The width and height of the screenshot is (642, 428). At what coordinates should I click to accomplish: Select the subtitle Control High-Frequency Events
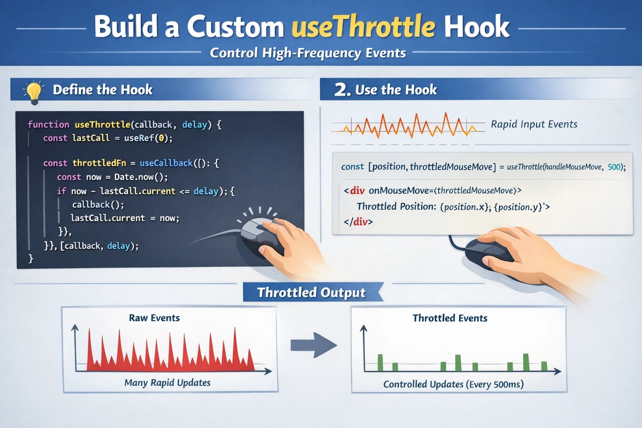click(x=308, y=53)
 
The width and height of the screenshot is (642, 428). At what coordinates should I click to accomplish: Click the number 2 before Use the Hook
click(x=341, y=90)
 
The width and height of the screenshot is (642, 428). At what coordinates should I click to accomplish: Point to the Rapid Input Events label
click(x=534, y=124)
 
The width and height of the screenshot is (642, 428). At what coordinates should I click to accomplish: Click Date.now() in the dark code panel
click(x=132, y=177)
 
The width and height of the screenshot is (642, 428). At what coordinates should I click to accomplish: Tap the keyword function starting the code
click(x=48, y=125)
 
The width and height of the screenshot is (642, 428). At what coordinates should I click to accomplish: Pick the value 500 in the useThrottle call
click(x=614, y=167)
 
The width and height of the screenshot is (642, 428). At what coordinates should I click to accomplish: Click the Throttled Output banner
click(x=311, y=293)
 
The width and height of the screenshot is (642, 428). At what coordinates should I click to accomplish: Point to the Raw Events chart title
click(x=154, y=318)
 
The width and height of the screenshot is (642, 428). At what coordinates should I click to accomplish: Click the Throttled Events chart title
click(x=450, y=318)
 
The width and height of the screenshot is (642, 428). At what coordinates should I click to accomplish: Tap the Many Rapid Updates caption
click(x=167, y=383)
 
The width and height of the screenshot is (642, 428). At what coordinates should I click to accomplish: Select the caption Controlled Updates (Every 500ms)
click(x=453, y=385)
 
